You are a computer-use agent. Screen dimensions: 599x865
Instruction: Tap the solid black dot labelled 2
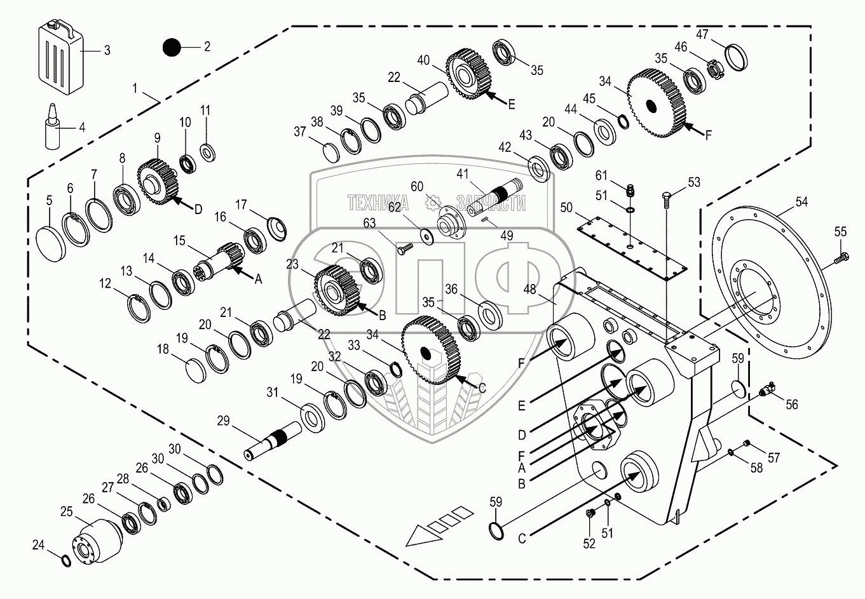click(172, 48)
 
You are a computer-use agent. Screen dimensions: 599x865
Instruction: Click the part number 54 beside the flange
click(803, 202)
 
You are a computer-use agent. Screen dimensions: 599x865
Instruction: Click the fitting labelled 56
click(768, 391)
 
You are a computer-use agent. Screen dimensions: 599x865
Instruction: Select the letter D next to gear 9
click(198, 209)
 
